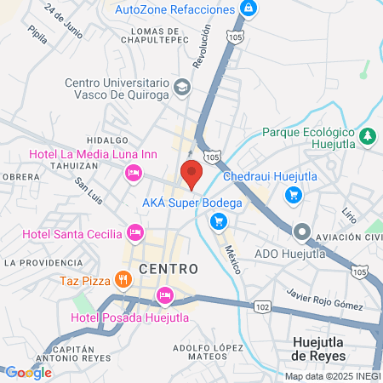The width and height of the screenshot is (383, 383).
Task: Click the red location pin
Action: [191, 173]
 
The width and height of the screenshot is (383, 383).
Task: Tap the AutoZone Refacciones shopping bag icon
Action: [249, 9]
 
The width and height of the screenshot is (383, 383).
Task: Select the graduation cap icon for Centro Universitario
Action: [182, 87]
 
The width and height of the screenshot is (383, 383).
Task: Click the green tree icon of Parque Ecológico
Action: [368, 135]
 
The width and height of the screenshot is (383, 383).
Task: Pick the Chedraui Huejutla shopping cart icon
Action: [294, 195]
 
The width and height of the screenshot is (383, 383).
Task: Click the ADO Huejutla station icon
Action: [301, 232]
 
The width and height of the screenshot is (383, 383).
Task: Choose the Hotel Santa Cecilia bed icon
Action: [134, 232]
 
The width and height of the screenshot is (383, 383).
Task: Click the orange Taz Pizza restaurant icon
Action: [123, 278]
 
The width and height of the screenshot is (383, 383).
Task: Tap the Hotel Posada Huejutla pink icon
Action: [165, 295]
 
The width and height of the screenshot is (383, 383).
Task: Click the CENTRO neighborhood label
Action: [168, 269]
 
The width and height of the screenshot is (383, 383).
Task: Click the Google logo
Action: [28, 372]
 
